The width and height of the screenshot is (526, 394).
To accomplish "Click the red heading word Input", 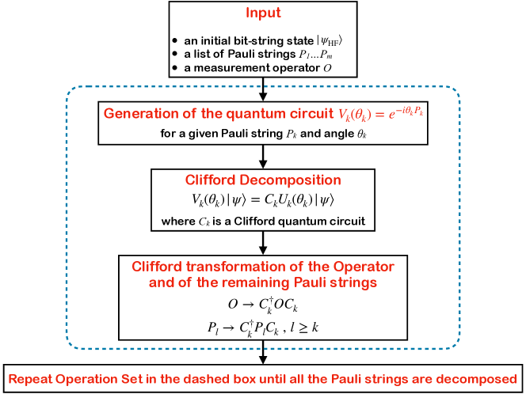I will tap(262, 14).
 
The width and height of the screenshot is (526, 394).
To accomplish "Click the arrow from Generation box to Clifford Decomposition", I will tap(263, 155).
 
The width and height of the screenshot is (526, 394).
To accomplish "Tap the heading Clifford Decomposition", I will tap(262, 180).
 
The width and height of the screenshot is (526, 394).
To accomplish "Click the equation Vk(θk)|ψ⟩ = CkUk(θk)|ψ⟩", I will tap(262, 199).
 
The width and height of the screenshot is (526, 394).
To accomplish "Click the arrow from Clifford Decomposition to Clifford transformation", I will tap(263, 243).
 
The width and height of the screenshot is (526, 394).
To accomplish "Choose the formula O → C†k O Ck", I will tap(262, 303).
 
